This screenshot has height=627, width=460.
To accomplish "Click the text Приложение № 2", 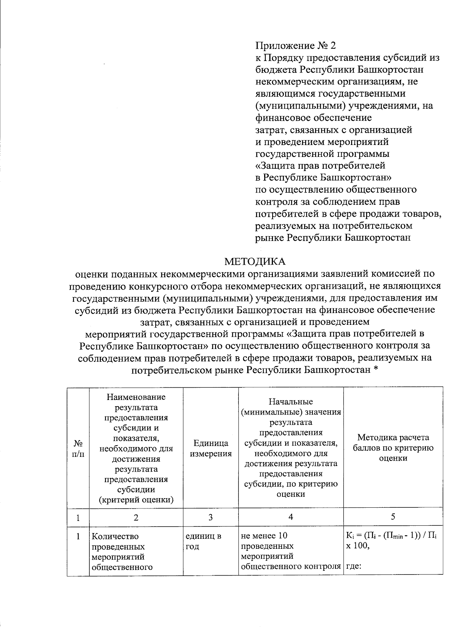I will click(x=296, y=46).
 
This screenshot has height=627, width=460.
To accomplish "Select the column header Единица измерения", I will click(x=211, y=448).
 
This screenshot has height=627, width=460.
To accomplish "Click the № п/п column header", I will click(x=78, y=448).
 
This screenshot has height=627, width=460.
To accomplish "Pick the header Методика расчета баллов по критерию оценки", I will click(x=393, y=448).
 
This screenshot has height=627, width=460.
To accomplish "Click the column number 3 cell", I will click(x=210, y=517).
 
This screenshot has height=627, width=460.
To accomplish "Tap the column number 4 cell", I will click(x=291, y=517).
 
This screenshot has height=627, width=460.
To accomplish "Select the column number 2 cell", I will click(x=136, y=517).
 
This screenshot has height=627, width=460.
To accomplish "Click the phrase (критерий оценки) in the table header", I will click(x=136, y=500).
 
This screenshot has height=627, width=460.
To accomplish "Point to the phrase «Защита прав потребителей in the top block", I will click(x=320, y=166).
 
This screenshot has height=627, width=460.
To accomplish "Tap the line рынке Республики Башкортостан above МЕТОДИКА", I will click(x=333, y=237).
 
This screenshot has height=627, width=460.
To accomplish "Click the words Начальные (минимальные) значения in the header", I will click(x=291, y=407).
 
